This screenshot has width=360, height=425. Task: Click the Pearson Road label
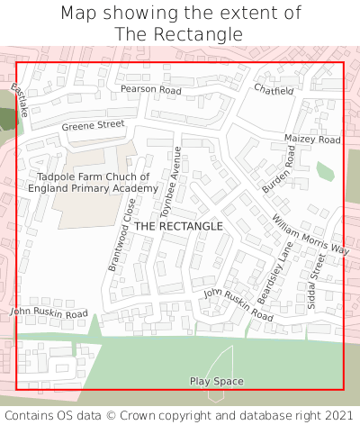pyautogui.click(x=151, y=90)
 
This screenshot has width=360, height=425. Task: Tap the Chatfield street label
pyautogui.click(x=274, y=91)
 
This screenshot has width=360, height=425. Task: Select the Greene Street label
pyautogui.click(x=93, y=125)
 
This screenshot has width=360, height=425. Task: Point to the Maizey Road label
pyautogui.click(x=312, y=140)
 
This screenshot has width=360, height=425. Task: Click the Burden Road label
pyautogui.click(x=278, y=171)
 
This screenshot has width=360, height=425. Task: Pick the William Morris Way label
pyautogui.click(x=310, y=234)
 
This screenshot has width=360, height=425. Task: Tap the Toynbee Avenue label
pyautogui.click(x=171, y=184)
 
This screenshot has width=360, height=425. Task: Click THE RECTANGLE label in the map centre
pyautogui.click(x=178, y=226)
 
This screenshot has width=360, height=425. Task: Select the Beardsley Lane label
pyautogui.click(x=275, y=273)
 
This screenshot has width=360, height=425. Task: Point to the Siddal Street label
pyautogui.click(x=318, y=280)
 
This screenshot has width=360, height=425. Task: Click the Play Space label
pyautogui.click(x=216, y=382)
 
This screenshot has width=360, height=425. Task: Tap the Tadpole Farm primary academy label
pyautogui.click(x=93, y=183)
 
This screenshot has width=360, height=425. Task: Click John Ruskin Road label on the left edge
pyautogui.click(x=49, y=312)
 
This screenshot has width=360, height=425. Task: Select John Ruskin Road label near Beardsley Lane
pyautogui.click(x=238, y=305)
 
